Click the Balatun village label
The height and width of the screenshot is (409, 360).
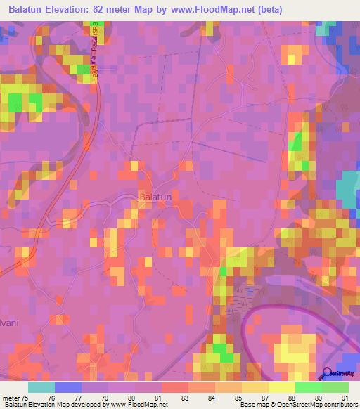(x=155, y=198)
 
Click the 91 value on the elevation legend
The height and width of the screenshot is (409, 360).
(x=344, y=397)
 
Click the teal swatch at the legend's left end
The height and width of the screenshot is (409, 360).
(x=41, y=387)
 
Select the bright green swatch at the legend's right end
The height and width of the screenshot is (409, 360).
(x=335, y=387)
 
